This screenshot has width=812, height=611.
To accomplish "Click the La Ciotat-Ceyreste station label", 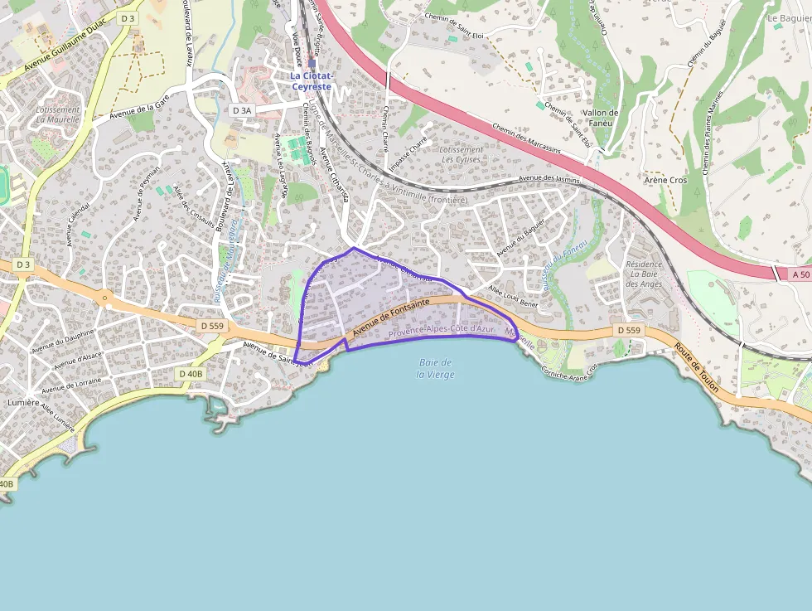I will click(311, 80).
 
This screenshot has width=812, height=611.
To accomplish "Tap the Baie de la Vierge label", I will click(435, 368).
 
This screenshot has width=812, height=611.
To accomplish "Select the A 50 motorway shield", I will click(800, 274).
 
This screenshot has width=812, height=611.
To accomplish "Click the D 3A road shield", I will click(241, 110).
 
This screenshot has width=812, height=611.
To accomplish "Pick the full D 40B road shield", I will click(190, 374).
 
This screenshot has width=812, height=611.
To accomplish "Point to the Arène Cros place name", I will click(665, 180).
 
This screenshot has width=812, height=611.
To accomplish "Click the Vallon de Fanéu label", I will click(601, 119).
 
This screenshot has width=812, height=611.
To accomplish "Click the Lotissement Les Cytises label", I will click(462, 154).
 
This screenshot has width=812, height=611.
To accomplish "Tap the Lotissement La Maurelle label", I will click(58, 114).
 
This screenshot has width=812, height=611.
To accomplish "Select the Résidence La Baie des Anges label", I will click(645, 274).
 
